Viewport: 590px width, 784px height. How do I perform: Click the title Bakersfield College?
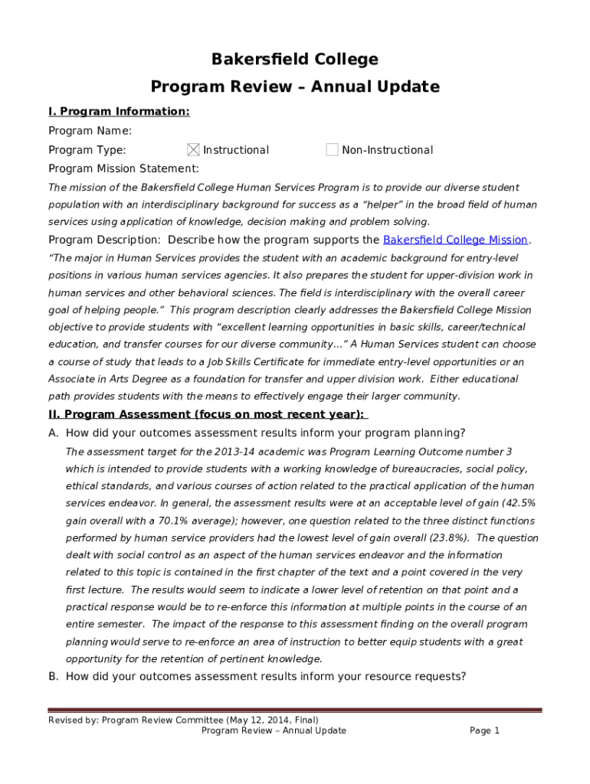(x=295, y=60)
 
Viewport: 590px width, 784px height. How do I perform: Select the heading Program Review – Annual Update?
(x=295, y=87)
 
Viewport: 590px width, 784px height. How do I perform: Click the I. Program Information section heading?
(x=119, y=112)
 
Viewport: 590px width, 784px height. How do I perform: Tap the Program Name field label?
(x=90, y=131)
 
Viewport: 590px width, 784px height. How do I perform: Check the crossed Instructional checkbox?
(x=193, y=150)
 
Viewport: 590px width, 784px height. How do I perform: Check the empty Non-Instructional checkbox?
(x=332, y=150)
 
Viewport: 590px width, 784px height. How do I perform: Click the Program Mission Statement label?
(x=123, y=168)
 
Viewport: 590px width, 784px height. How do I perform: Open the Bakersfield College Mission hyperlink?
(x=455, y=240)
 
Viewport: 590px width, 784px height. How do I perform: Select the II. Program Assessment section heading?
(x=208, y=414)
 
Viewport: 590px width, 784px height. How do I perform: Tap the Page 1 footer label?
(x=484, y=730)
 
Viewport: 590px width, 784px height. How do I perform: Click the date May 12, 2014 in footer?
(x=266, y=720)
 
